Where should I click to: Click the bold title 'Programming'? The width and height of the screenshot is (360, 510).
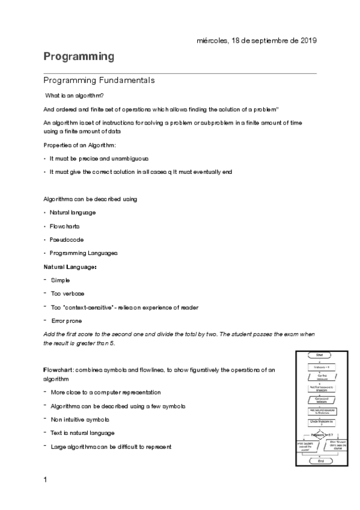[79, 57]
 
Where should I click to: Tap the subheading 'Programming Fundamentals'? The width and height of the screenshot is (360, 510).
[99, 80]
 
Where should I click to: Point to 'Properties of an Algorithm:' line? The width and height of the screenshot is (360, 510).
[81, 146]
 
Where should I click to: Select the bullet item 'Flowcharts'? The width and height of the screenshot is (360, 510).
[64, 226]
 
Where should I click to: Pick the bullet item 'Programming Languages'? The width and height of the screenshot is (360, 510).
[84, 253]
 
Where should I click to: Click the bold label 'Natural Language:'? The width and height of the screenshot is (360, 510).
[70, 266]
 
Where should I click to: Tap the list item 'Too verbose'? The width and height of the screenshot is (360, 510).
[67, 293]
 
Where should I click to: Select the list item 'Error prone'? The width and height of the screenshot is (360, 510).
[67, 321]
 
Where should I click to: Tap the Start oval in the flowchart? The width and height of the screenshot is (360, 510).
[319, 355]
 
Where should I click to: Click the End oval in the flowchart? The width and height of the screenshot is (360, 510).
[319, 462]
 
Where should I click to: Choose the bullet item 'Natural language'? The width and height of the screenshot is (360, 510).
[72, 213]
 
